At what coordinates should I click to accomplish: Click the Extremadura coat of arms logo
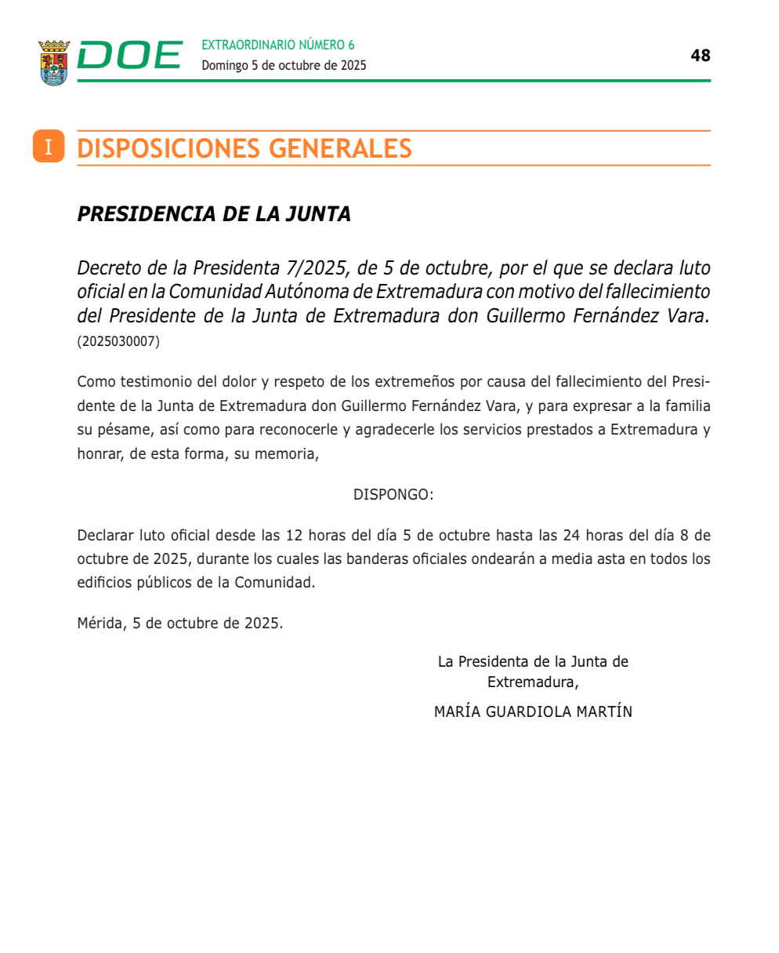[x=54, y=63]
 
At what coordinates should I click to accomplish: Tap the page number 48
[x=700, y=55]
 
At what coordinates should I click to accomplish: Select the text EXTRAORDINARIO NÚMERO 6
[x=277, y=45]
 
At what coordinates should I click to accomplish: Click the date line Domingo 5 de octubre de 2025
[x=284, y=66]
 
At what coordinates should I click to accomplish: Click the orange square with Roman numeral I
[x=49, y=147]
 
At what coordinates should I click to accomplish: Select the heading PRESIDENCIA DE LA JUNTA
[x=214, y=214]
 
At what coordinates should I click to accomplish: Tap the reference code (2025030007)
[x=118, y=342]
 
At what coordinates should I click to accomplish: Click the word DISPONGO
[x=393, y=495]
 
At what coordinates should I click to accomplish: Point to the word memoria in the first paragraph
[x=291, y=453]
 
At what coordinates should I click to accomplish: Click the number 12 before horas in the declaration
[x=294, y=536]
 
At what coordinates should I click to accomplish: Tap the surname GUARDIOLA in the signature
[x=531, y=712]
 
